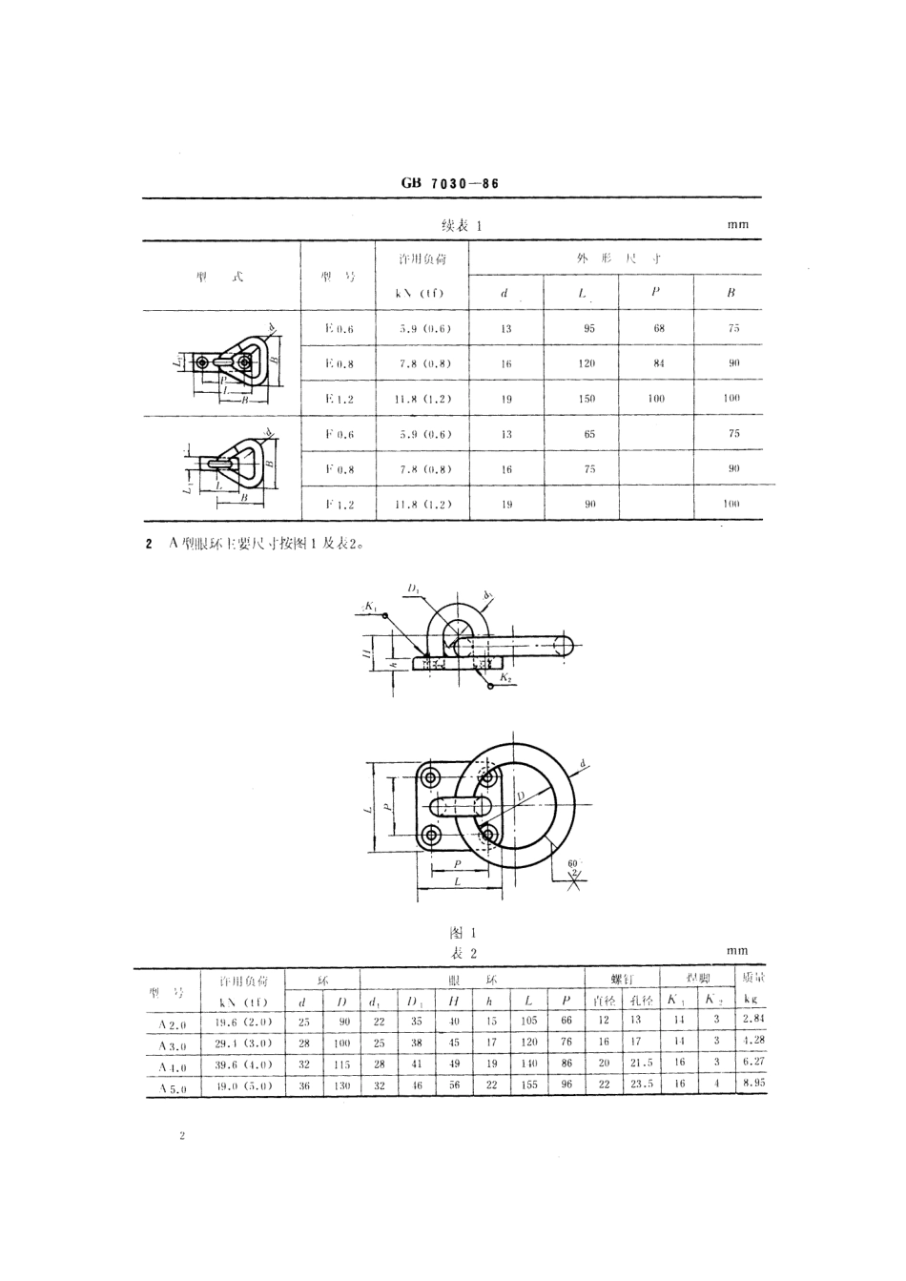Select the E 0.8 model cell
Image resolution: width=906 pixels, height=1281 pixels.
click(x=339, y=363)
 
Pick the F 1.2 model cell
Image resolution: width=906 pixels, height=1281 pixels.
click(x=339, y=505)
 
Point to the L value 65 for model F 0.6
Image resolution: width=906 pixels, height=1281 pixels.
click(x=589, y=434)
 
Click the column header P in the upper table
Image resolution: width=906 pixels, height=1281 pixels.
click(x=655, y=293)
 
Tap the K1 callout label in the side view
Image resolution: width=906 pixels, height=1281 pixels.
click(x=370, y=606)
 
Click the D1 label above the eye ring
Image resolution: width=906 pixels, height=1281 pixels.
click(x=414, y=591)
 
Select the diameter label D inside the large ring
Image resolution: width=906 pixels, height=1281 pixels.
click(x=520, y=794)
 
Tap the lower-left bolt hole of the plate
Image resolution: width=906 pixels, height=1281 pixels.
click(x=432, y=836)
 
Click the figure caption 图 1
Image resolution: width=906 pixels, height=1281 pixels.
click(x=462, y=932)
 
